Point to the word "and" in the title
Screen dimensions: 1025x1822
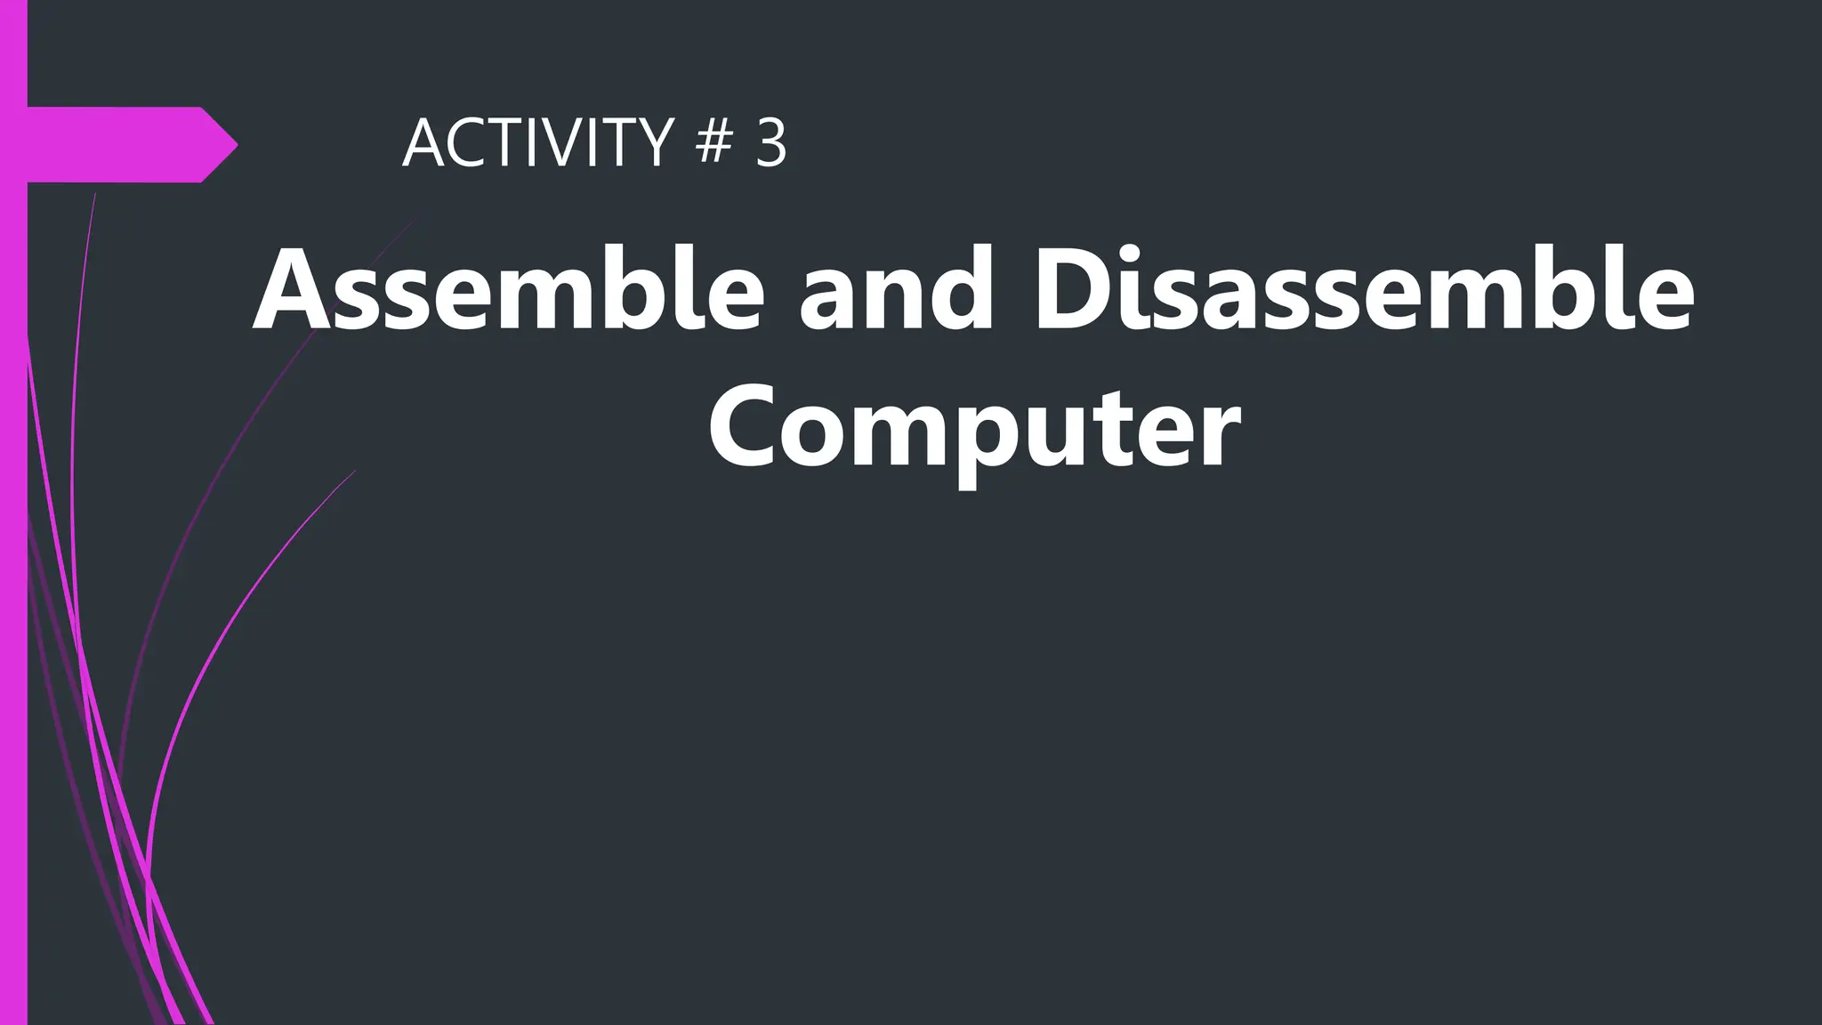895,290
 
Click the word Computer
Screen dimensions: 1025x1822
974,428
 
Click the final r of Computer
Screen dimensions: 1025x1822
1220,434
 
